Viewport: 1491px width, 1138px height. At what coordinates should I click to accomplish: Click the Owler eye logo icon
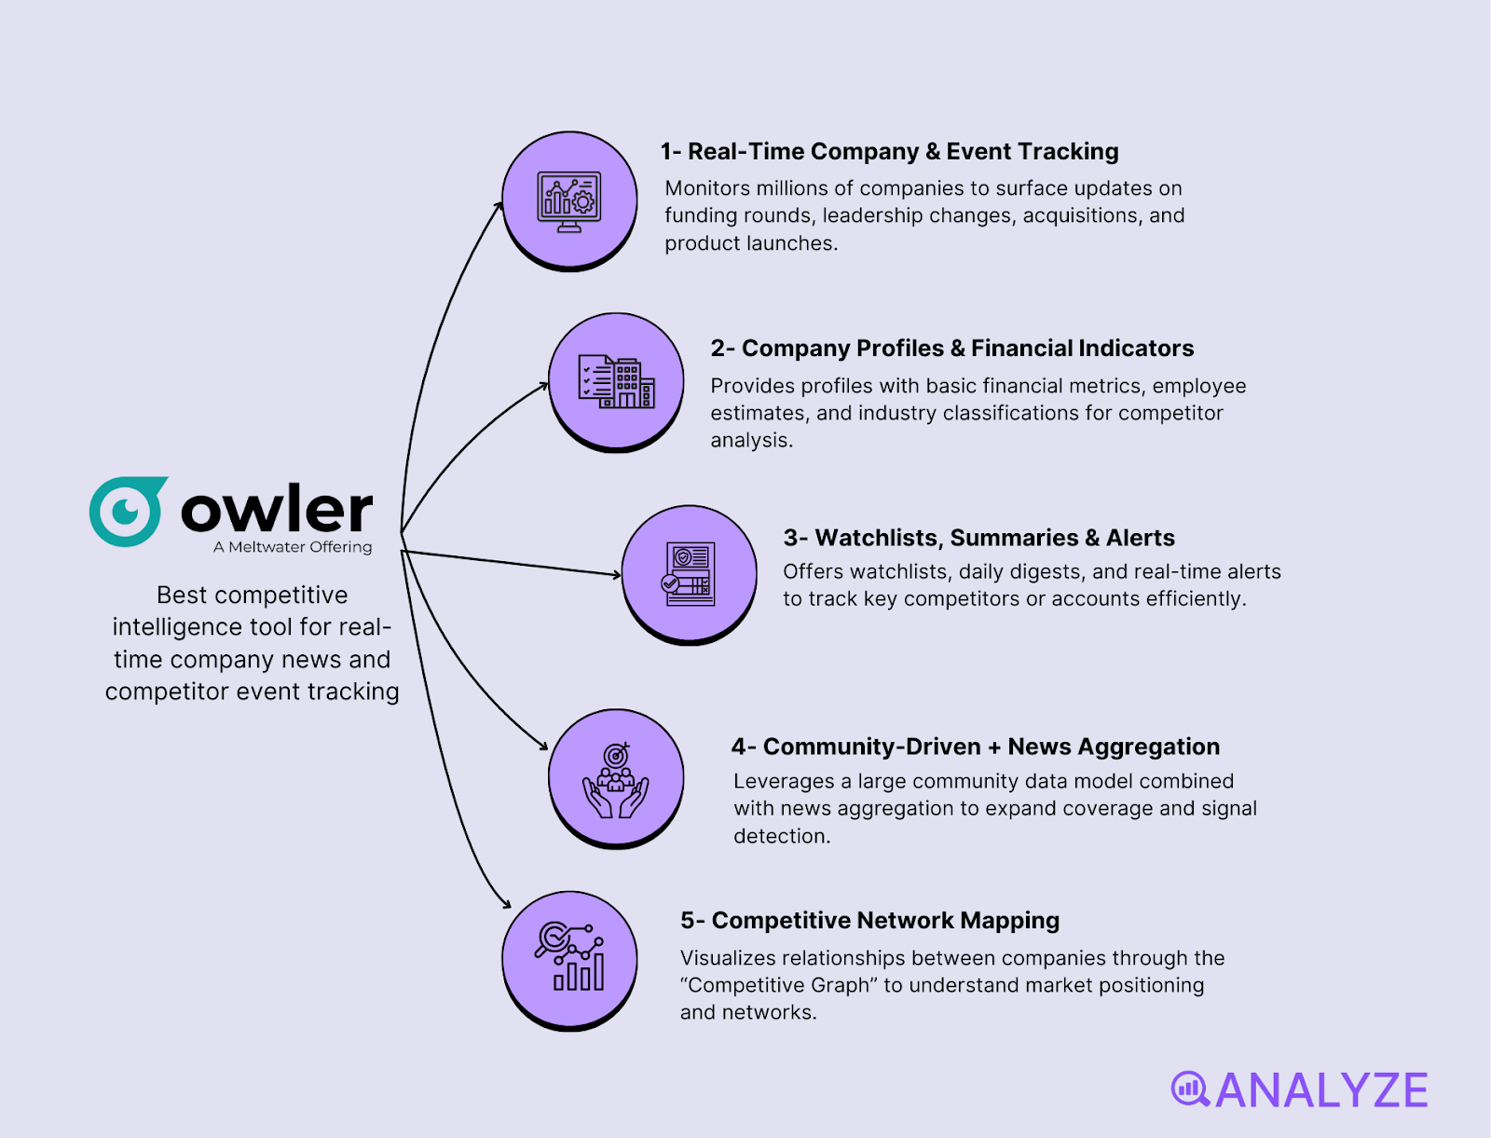click(x=128, y=511)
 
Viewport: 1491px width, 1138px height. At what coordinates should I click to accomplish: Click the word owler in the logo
click(x=277, y=509)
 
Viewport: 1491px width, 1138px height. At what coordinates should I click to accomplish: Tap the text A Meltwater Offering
click(x=293, y=547)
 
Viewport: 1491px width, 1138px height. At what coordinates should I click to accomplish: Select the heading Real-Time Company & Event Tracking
click(x=889, y=152)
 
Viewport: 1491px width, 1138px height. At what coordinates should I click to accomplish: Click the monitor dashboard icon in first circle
click(x=569, y=201)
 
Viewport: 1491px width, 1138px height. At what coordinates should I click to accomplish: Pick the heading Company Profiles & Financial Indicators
click(x=951, y=349)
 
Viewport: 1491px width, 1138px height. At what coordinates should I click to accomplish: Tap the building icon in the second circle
click(x=616, y=382)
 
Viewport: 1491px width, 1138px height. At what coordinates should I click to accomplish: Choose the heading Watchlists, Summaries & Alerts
click(x=978, y=538)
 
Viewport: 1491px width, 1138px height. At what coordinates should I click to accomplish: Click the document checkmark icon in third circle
click(x=690, y=574)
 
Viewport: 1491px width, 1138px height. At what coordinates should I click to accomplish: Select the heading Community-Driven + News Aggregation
click(x=975, y=747)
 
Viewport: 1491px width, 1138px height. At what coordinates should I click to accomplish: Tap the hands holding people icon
click(x=616, y=781)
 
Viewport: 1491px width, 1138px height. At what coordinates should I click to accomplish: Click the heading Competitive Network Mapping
click(x=869, y=921)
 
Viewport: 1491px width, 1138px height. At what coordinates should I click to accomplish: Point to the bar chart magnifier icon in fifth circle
click(x=569, y=958)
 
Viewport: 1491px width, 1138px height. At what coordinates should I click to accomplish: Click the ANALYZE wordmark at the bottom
click(x=1321, y=1090)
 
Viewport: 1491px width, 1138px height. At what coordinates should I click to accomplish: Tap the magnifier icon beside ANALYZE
click(x=1190, y=1089)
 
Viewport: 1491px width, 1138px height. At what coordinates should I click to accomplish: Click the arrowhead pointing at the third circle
click(x=616, y=575)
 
